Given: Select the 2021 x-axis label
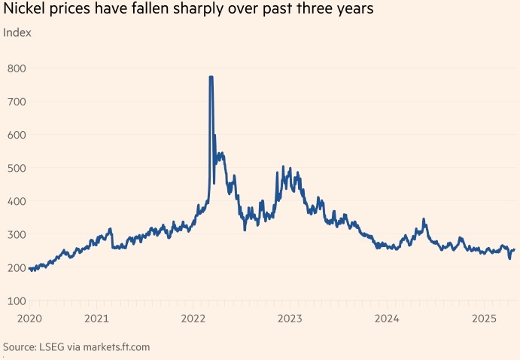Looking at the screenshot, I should tap(97, 319).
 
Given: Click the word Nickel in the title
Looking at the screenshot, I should tap(23, 11).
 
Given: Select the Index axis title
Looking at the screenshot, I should tap(17, 32).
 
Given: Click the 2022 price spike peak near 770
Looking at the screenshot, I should tap(211, 77).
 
